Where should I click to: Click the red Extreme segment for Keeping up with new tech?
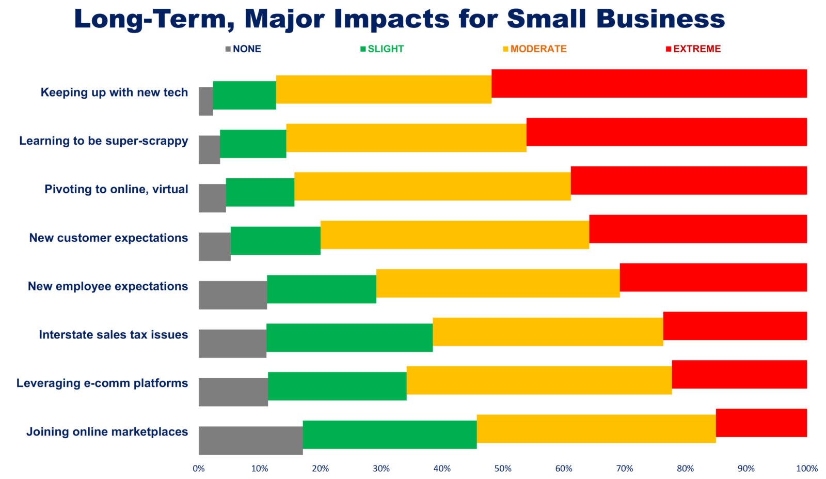point(649,83)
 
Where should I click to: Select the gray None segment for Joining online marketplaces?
point(250,440)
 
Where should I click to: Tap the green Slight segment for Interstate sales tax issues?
point(349,337)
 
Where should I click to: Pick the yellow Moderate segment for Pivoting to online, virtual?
point(432,186)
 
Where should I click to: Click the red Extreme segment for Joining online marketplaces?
point(761,423)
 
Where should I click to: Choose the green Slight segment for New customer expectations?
point(275,240)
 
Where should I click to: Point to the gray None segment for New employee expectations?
point(232,295)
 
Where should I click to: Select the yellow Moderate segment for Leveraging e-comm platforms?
point(539,380)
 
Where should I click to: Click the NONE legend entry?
point(243,49)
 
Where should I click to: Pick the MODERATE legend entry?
point(535,49)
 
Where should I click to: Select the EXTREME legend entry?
point(693,49)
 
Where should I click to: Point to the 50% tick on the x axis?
point(503,469)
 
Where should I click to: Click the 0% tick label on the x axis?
point(199,469)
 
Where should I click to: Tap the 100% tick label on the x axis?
point(807,469)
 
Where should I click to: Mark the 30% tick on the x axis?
point(381,469)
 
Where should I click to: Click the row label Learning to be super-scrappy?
point(103,141)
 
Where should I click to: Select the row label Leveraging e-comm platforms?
point(102,383)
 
